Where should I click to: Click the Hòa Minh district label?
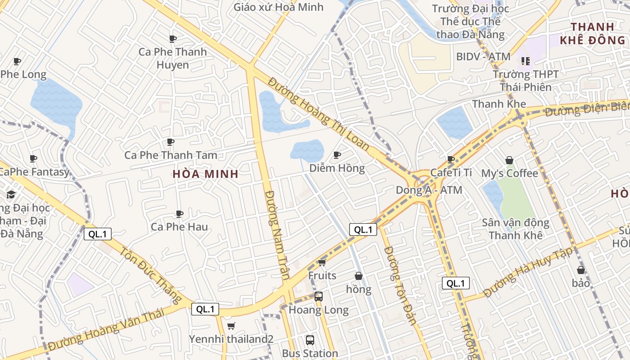(x=206, y=174)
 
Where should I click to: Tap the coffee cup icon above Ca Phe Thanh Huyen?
(x=172, y=39)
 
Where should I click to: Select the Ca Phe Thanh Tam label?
(x=171, y=155)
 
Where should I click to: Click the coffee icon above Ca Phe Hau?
(x=179, y=214)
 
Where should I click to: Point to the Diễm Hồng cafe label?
(x=337, y=168)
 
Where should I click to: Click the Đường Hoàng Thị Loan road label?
(x=319, y=114)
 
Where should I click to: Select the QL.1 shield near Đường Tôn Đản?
(x=363, y=229)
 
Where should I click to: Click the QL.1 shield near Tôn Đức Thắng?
(x=97, y=234)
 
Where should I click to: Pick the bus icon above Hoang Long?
(x=319, y=297)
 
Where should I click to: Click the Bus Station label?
(x=310, y=353)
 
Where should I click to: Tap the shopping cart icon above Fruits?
(x=322, y=262)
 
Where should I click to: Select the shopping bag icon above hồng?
(x=359, y=276)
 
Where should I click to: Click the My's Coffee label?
(x=509, y=173)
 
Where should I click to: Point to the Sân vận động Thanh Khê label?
(x=515, y=229)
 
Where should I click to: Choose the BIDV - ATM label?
(x=483, y=57)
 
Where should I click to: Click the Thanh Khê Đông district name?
(x=592, y=33)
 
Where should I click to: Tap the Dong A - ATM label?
(x=429, y=190)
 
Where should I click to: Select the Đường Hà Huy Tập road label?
(x=528, y=273)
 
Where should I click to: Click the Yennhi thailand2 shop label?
(x=231, y=339)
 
